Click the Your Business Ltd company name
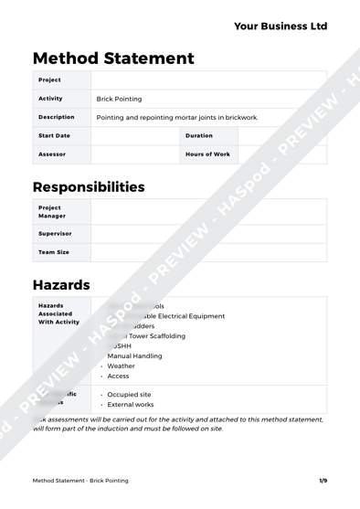point(280,27)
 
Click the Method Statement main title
point(113,58)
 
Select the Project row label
point(49,80)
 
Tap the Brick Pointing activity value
point(119,99)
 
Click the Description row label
point(57,117)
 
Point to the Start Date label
point(54,136)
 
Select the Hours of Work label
point(207,154)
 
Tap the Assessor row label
point(52,154)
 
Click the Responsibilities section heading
point(89,187)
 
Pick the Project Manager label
point(52,212)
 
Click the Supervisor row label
point(55,233)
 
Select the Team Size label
point(54,251)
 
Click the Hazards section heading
point(61,285)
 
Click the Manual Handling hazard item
point(134,355)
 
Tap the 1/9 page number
point(323,481)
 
